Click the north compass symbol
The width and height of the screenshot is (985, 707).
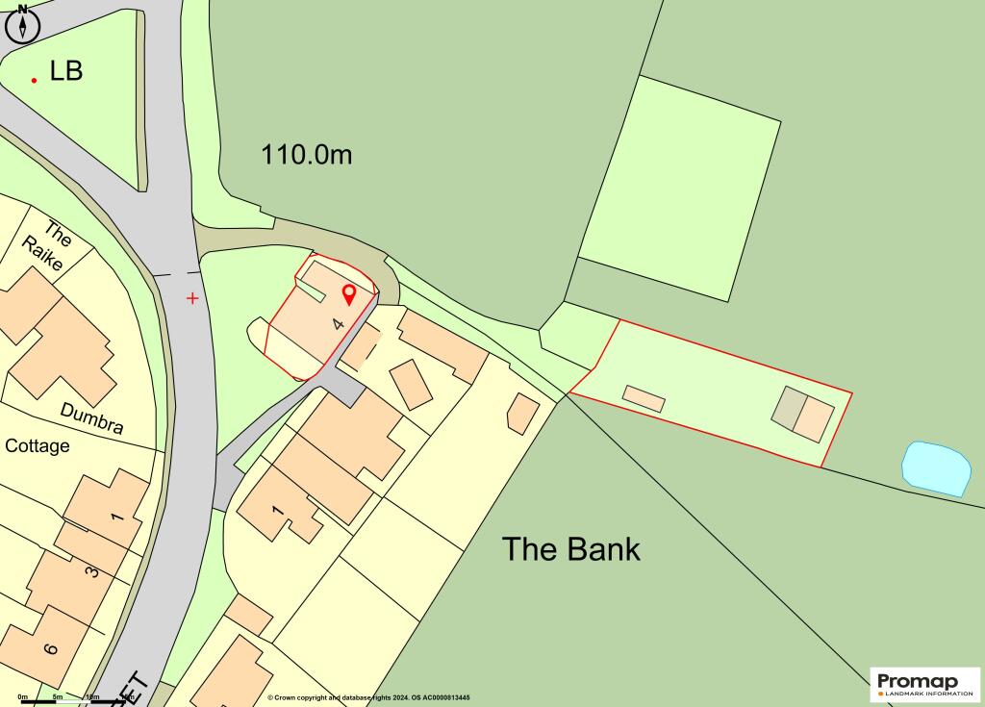22,23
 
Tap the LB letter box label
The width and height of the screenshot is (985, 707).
66,71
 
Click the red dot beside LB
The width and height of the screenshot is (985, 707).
35,80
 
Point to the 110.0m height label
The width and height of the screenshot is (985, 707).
307,154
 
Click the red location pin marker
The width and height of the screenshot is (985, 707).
349,294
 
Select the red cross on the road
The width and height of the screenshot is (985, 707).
192,298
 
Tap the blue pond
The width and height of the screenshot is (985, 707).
936,468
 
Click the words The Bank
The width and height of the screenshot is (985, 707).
570,549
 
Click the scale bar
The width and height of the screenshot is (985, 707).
58,701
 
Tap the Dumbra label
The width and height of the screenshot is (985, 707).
91,417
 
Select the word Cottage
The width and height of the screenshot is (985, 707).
38,446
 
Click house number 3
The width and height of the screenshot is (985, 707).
92,572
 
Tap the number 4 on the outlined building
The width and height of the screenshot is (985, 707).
338,324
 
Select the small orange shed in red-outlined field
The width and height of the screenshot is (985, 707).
644,398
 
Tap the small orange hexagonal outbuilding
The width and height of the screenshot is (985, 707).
522,411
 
